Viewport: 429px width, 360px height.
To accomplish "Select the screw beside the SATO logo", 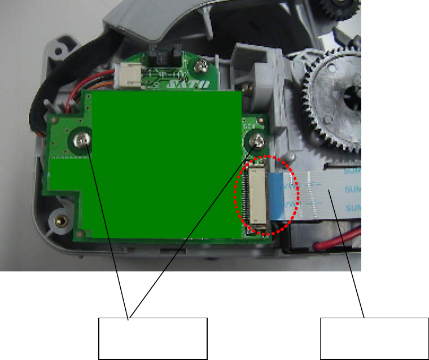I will [199, 68].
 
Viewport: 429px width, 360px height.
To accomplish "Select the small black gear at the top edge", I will [342, 9].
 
